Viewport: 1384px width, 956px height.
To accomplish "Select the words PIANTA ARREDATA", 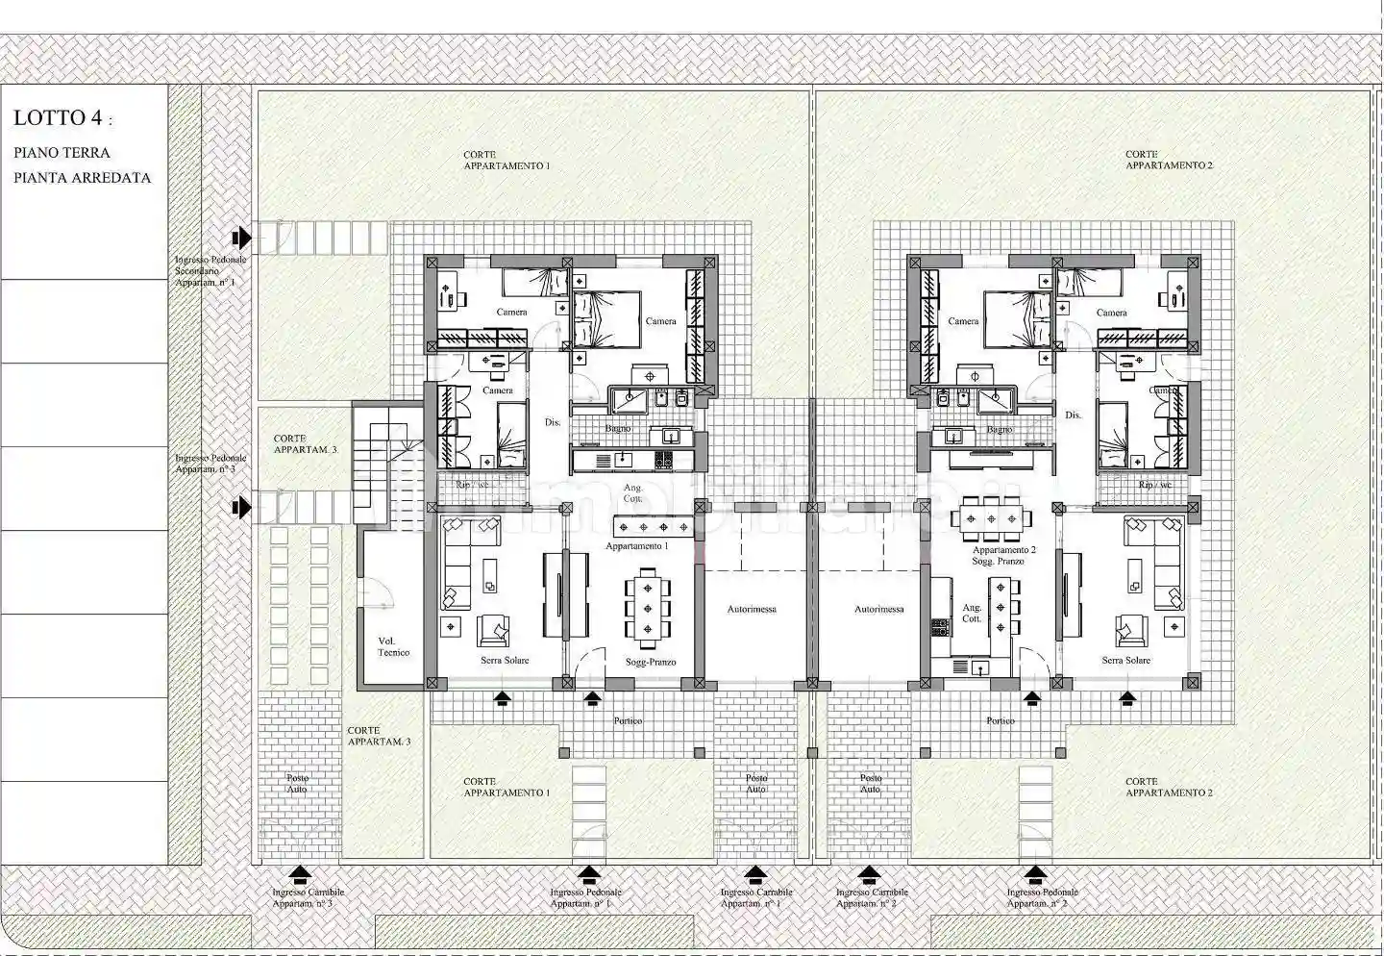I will click(82, 178).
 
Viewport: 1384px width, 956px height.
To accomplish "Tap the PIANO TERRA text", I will click(62, 153).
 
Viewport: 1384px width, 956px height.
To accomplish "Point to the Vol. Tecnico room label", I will click(392, 646).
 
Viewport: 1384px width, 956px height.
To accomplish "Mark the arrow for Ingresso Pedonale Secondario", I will click(241, 237).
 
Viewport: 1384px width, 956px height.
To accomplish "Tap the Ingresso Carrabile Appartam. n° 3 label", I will click(308, 898).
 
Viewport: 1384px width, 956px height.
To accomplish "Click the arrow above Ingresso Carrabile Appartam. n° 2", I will click(869, 874).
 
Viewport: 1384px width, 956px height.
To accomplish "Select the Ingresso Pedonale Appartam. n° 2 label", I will click(1042, 898).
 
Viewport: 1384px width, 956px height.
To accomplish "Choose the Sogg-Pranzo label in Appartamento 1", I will click(651, 662).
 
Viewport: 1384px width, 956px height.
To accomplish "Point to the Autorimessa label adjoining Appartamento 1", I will click(752, 609).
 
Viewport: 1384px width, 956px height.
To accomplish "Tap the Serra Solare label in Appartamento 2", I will click(1125, 661).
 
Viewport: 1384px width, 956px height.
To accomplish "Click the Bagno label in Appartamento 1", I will click(617, 428).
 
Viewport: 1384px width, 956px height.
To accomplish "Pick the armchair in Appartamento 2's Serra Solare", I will click(1131, 630).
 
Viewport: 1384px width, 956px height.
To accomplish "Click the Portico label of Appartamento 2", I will click(1000, 720).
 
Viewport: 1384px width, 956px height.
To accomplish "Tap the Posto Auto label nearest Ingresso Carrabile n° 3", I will click(297, 784).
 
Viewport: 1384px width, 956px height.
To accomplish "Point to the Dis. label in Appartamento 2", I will click(1074, 415).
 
